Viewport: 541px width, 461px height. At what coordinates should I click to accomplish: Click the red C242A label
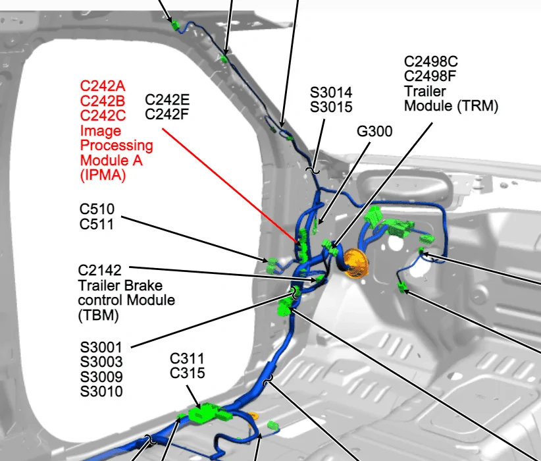coord(103,86)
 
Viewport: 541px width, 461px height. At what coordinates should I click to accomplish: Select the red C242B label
coord(103,101)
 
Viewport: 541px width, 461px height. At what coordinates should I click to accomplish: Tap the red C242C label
coord(103,116)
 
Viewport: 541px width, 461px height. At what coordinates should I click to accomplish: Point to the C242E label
coord(167,100)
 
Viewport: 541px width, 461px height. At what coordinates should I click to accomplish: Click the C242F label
coord(167,115)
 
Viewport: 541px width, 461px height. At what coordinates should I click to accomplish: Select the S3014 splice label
coord(331,92)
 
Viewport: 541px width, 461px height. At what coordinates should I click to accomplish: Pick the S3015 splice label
coord(331,107)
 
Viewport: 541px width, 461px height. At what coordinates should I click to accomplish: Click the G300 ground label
coord(374,132)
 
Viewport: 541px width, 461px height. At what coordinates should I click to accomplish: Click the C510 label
coord(96,210)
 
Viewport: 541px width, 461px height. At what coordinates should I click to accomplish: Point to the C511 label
coord(96,225)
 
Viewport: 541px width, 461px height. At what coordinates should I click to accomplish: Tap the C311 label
coord(188,359)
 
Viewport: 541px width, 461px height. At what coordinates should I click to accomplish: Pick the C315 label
coord(188,373)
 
